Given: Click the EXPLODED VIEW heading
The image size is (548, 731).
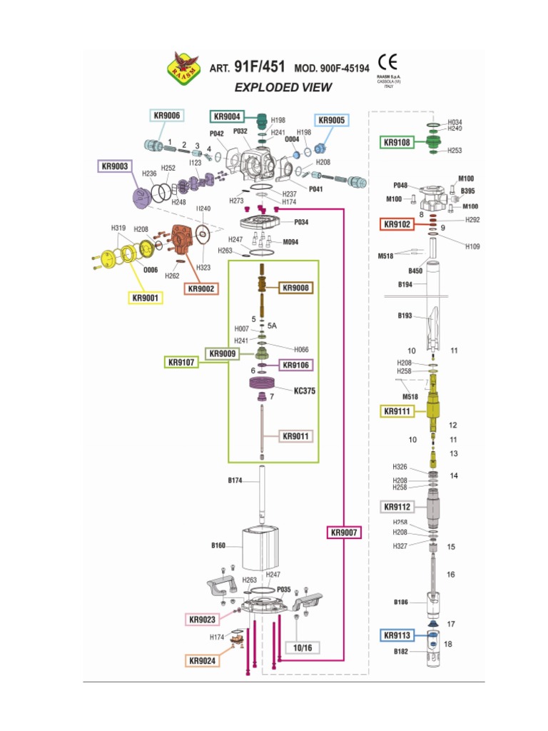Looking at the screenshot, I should point(283,87).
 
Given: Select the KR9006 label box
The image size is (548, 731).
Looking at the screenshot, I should point(166,116).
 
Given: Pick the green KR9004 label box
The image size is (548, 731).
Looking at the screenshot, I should point(228,116).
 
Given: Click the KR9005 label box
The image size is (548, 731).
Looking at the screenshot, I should point(331,121).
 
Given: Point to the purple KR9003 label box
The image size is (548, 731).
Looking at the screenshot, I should point(115,166).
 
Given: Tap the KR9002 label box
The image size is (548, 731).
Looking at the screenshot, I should point(202,288).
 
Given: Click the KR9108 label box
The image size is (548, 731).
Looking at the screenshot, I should point(397,143).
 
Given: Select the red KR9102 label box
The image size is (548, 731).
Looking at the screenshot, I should point(397,224).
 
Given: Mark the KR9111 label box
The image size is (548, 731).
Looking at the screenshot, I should point(397,411).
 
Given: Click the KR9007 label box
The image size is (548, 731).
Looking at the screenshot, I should point(345,533).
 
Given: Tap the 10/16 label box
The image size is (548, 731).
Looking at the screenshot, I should point(303,647).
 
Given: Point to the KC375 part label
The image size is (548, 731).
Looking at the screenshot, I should point(305,391).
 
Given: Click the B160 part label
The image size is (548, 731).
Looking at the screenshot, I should point(218,545).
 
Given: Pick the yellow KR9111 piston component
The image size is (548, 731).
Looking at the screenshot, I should point(434,408).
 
